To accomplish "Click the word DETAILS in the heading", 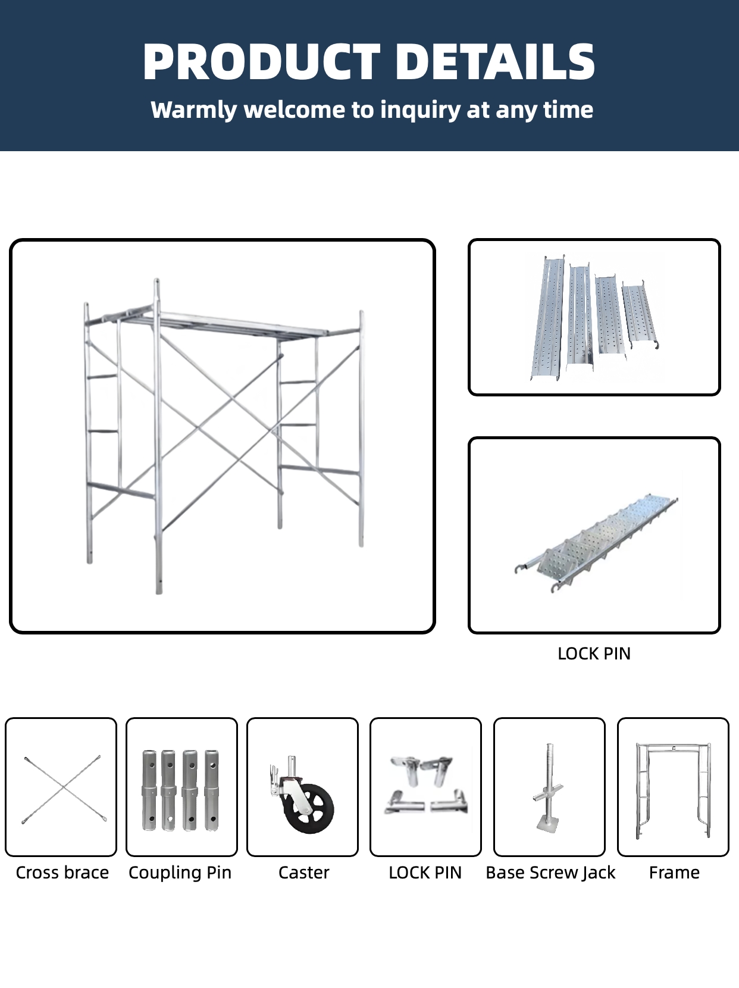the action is pos(495,62).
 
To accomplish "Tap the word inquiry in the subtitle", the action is pos(420,110).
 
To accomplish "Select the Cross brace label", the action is pos(62,873).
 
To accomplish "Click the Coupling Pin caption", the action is pos(180,873).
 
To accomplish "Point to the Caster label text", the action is pos(303,873).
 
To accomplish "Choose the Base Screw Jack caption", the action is pos(550,873).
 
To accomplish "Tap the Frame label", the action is pos(674,873).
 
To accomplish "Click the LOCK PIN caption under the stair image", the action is pos(594,654).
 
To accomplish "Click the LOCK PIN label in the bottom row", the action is pos(425,873).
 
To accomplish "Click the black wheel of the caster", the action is pos(309,808).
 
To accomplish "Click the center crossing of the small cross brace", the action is pos(64,787).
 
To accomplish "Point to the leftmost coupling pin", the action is pos(149,790).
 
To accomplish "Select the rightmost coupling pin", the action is pos(211,790).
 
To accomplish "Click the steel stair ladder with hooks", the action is pos(596,543).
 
